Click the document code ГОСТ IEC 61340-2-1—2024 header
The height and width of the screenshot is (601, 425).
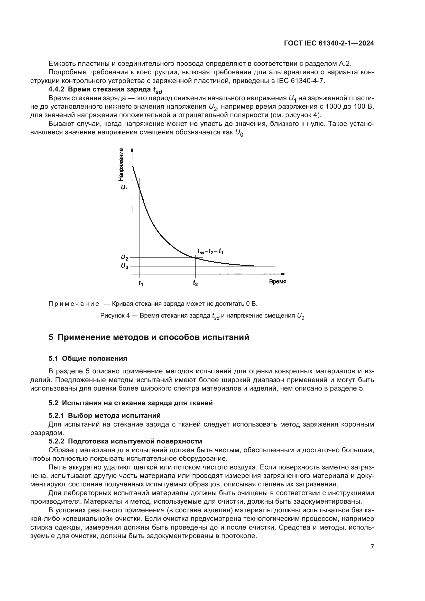tap(329, 43)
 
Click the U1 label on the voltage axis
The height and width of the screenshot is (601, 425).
tap(124, 188)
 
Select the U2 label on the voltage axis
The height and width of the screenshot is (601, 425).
tap(124, 258)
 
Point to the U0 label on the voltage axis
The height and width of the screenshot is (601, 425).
tap(124, 266)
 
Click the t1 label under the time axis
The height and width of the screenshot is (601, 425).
tap(141, 283)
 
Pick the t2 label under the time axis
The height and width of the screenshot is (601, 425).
tap(195, 283)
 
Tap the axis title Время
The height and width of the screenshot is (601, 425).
tap(278, 282)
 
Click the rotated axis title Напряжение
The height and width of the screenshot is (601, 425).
tap(121, 165)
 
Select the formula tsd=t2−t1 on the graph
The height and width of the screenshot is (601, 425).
tap(210, 252)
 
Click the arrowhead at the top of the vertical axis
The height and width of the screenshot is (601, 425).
tap(132, 150)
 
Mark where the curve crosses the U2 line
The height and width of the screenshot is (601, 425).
tap(195, 258)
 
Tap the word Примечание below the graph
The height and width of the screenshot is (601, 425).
tap(74, 304)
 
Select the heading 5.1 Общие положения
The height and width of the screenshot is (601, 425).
tap(88, 358)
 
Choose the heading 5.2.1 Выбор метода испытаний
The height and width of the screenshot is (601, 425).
tap(104, 415)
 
